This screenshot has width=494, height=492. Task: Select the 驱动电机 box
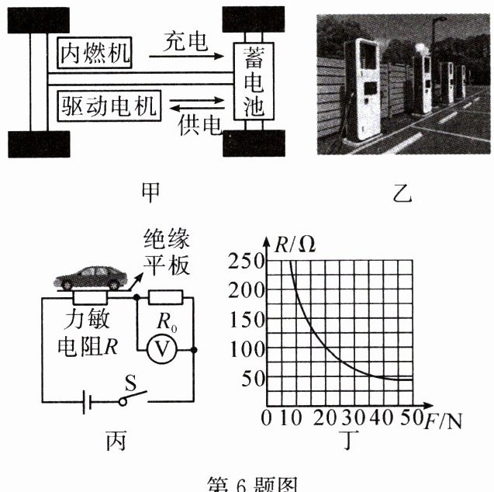[109, 106]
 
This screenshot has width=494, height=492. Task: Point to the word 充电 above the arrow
[187, 42]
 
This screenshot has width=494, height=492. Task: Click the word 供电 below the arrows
[201, 125]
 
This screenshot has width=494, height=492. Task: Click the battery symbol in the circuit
[90, 401]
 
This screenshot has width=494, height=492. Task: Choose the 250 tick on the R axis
[246, 262]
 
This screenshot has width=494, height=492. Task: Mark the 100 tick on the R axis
[246, 348]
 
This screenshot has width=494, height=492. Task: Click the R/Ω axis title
[295, 244]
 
